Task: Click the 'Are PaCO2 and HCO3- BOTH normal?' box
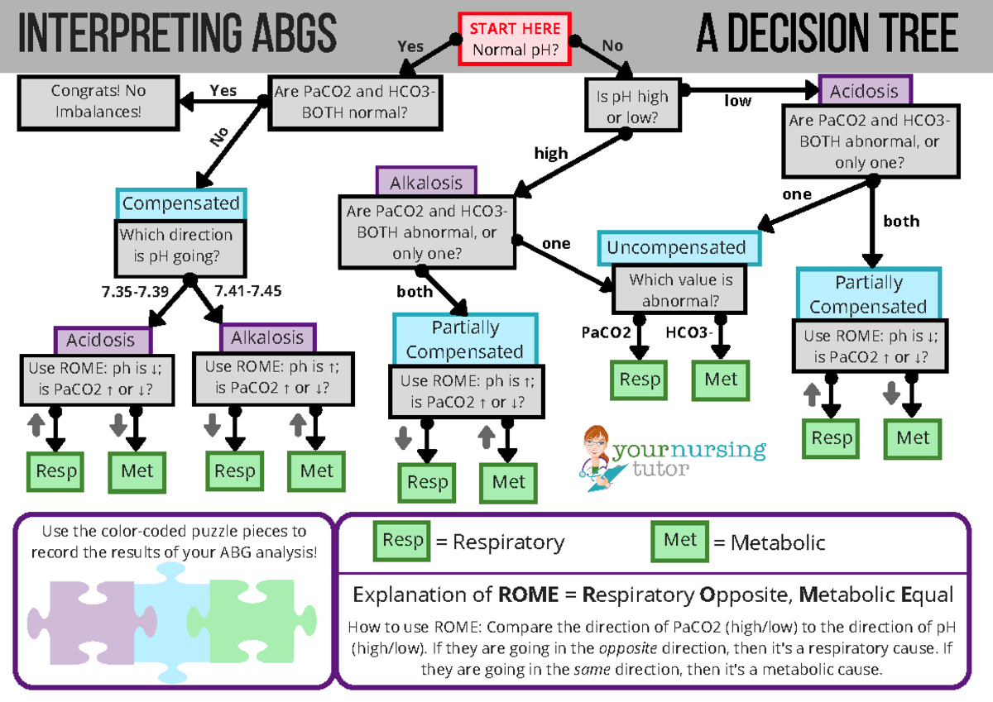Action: click(354, 101)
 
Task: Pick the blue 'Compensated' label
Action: click(180, 203)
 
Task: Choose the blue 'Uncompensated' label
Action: click(675, 248)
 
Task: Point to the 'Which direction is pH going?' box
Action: click(181, 246)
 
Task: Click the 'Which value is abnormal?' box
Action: click(680, 290)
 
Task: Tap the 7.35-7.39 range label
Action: click(134, 291)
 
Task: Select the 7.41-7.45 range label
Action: click(247, 291)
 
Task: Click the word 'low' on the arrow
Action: click(738, 101)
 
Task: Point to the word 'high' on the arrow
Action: click(550, 153)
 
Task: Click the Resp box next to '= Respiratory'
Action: click(401, 541)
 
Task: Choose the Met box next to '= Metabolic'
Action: click(680, 541)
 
